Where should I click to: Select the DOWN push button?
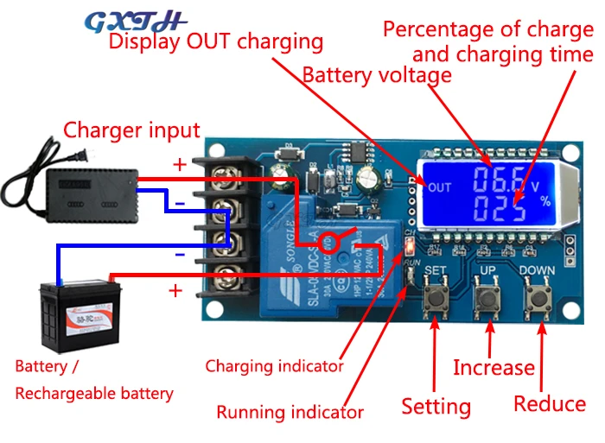pyautogui.click(x=542, y=300)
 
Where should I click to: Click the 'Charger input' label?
pyautogui.click(x=131, y=131)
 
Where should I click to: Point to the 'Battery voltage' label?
pyautogui.click(x=377, y=75)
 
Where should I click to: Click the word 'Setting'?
pyautogui.click(x=436, y=406)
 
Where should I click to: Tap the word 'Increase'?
pyautogui.click(x=494, y=368)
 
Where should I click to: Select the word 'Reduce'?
pyautogui.click(x=550, y=403)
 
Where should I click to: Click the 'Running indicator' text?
pyautogui.click(x=290, y=412)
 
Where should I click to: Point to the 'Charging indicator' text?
pyautogui.click(x=274, y=365)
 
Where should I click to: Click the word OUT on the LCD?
pyautogui.click(x=440, y=187)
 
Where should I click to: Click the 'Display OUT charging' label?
pyautogui.click(x=215, y=41)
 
